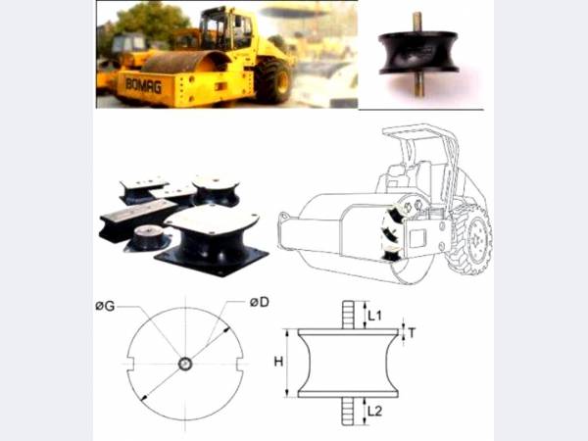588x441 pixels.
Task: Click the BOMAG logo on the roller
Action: point(144,86)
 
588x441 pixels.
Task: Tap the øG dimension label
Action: point(105,307)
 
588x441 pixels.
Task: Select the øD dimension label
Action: point(260,302)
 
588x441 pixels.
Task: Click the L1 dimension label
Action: point(374,316)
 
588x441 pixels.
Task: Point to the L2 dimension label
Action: point(374,412)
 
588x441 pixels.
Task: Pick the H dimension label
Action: point(278,362)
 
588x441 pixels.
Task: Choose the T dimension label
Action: point(413,332)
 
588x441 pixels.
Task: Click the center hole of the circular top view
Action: point(185,364)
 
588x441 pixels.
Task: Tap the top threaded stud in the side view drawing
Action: point(348,315)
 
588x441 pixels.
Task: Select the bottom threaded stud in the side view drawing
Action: point(348,411)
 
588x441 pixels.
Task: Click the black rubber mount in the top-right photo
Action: point(418,52)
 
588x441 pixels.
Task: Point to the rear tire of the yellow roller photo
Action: point(273,80)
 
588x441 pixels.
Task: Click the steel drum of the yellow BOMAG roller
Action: point(184,62)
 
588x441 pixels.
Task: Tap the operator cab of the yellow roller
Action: point(225,29)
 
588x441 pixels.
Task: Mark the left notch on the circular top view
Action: point(130,364)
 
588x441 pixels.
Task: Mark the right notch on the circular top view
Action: point(240,364)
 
